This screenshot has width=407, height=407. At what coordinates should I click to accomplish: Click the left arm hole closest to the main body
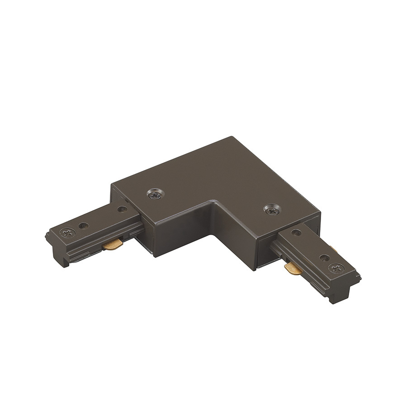point(121,209)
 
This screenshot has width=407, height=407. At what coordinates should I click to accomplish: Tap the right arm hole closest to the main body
point(296,233)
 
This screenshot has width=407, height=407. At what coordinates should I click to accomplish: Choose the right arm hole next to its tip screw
point(324,258)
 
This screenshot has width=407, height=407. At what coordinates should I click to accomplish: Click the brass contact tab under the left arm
point(113,245)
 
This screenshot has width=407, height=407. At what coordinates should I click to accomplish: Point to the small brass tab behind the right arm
point(333,249)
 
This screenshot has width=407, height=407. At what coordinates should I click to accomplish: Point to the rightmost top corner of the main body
point(321,211)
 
